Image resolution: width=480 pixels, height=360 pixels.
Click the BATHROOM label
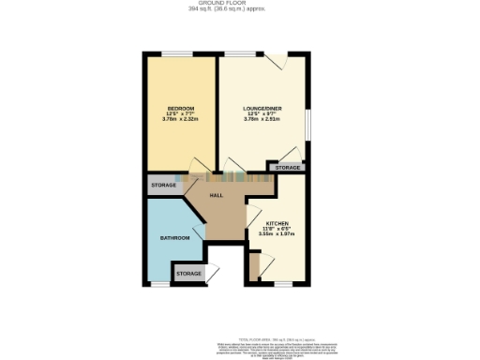(x=175, y=238)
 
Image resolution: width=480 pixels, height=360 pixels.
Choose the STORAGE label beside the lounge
(x=289, y=168)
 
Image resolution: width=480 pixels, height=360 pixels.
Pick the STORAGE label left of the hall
(x=163, y=186)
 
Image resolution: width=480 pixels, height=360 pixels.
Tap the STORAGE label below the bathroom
(x=188, y=273)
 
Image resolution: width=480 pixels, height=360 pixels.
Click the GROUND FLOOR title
(x=240, y=4)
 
